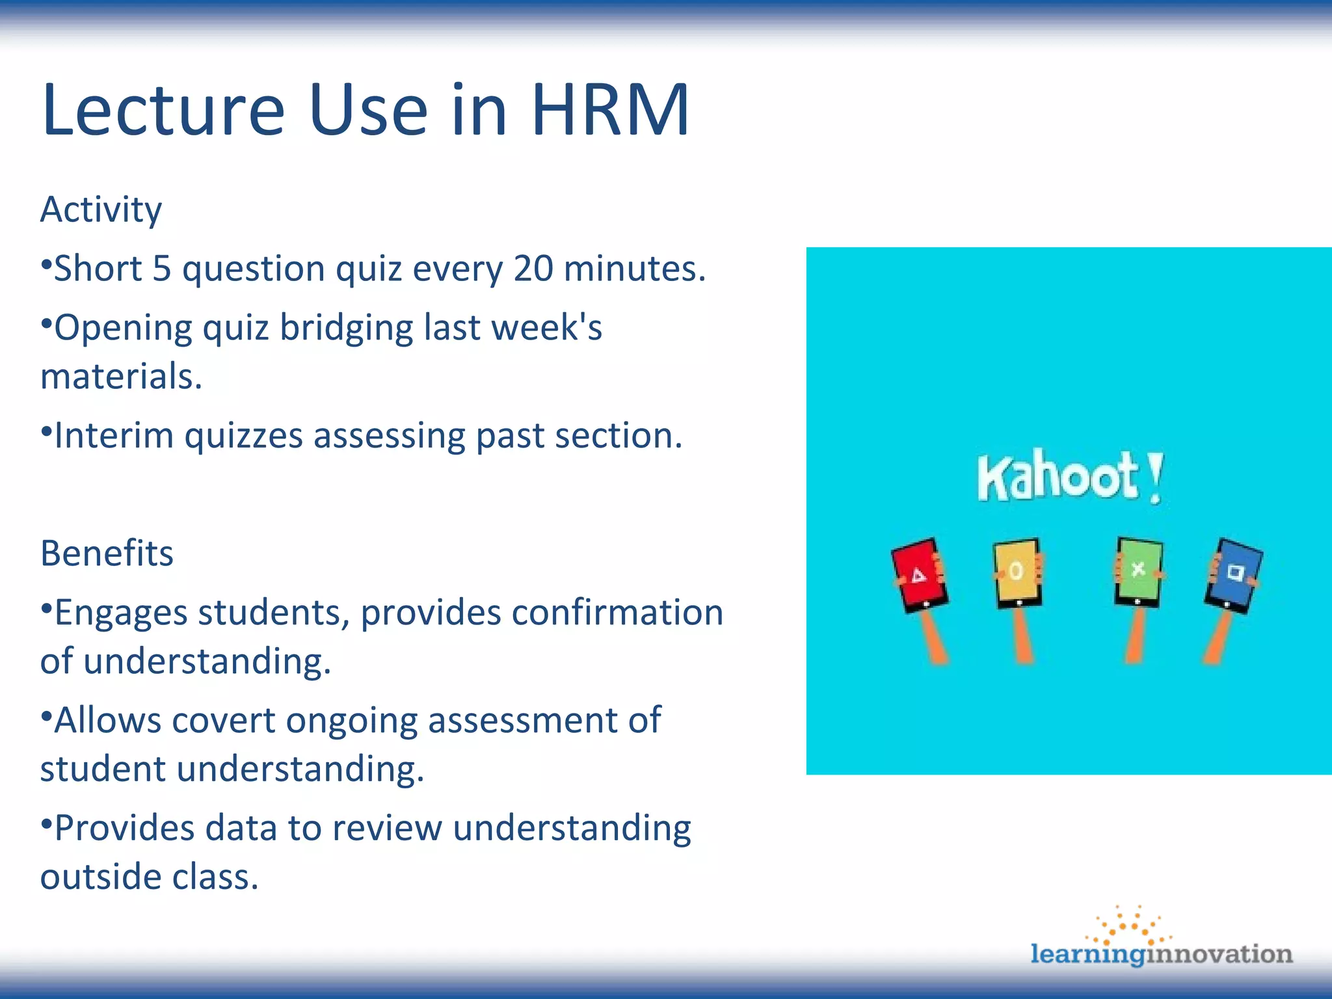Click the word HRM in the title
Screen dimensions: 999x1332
[609, 111]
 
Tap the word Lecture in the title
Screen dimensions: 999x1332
[163, 111]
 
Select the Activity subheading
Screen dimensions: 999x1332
[101, 210]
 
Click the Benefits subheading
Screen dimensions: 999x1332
[107, 553]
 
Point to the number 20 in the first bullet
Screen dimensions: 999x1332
[533, 269]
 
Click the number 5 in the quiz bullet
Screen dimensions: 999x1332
[161, 269]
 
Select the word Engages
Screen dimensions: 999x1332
[120, 613]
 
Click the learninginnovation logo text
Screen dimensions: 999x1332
[1161, 954]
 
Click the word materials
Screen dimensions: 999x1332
[120, 377]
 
